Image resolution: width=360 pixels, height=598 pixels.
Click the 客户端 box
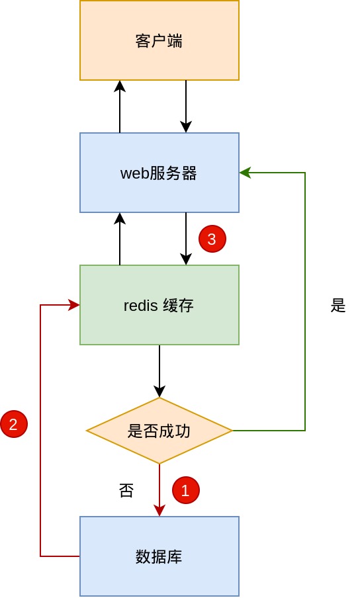(x=159, y=40)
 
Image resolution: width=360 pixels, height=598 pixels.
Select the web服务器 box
(x=159, y=173)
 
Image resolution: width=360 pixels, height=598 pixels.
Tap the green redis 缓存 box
(x=159, y=305)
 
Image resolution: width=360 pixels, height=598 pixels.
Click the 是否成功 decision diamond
(x=159, y=431)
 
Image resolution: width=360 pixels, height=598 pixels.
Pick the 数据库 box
(x=159, y=556)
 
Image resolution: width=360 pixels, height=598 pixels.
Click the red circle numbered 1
(x=186, y=490)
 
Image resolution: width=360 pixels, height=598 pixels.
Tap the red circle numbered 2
(x=14, y=424)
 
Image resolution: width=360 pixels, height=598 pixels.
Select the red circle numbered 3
(x=212, y=239)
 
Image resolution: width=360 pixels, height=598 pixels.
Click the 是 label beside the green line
(x=338, y=306)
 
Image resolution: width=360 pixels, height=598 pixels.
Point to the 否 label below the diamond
(x=126, y=490)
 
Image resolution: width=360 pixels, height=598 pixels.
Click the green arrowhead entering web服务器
(x=245, y=173)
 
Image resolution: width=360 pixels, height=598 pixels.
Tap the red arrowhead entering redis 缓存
(x=74, y=305)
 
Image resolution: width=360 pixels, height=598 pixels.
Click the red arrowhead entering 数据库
(x=159, y=510)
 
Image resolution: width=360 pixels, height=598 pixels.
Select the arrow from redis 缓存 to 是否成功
(x=159, y=372)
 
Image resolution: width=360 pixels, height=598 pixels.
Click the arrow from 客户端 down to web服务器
(x=186, y=107)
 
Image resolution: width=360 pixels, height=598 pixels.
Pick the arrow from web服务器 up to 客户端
(x=120, y=107)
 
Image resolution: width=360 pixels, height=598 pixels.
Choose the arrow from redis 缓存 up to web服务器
(x=120, y=239)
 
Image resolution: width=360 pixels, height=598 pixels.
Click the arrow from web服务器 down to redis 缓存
(x=186, y=239)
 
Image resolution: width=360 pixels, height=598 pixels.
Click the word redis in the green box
(x=140, y=306)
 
